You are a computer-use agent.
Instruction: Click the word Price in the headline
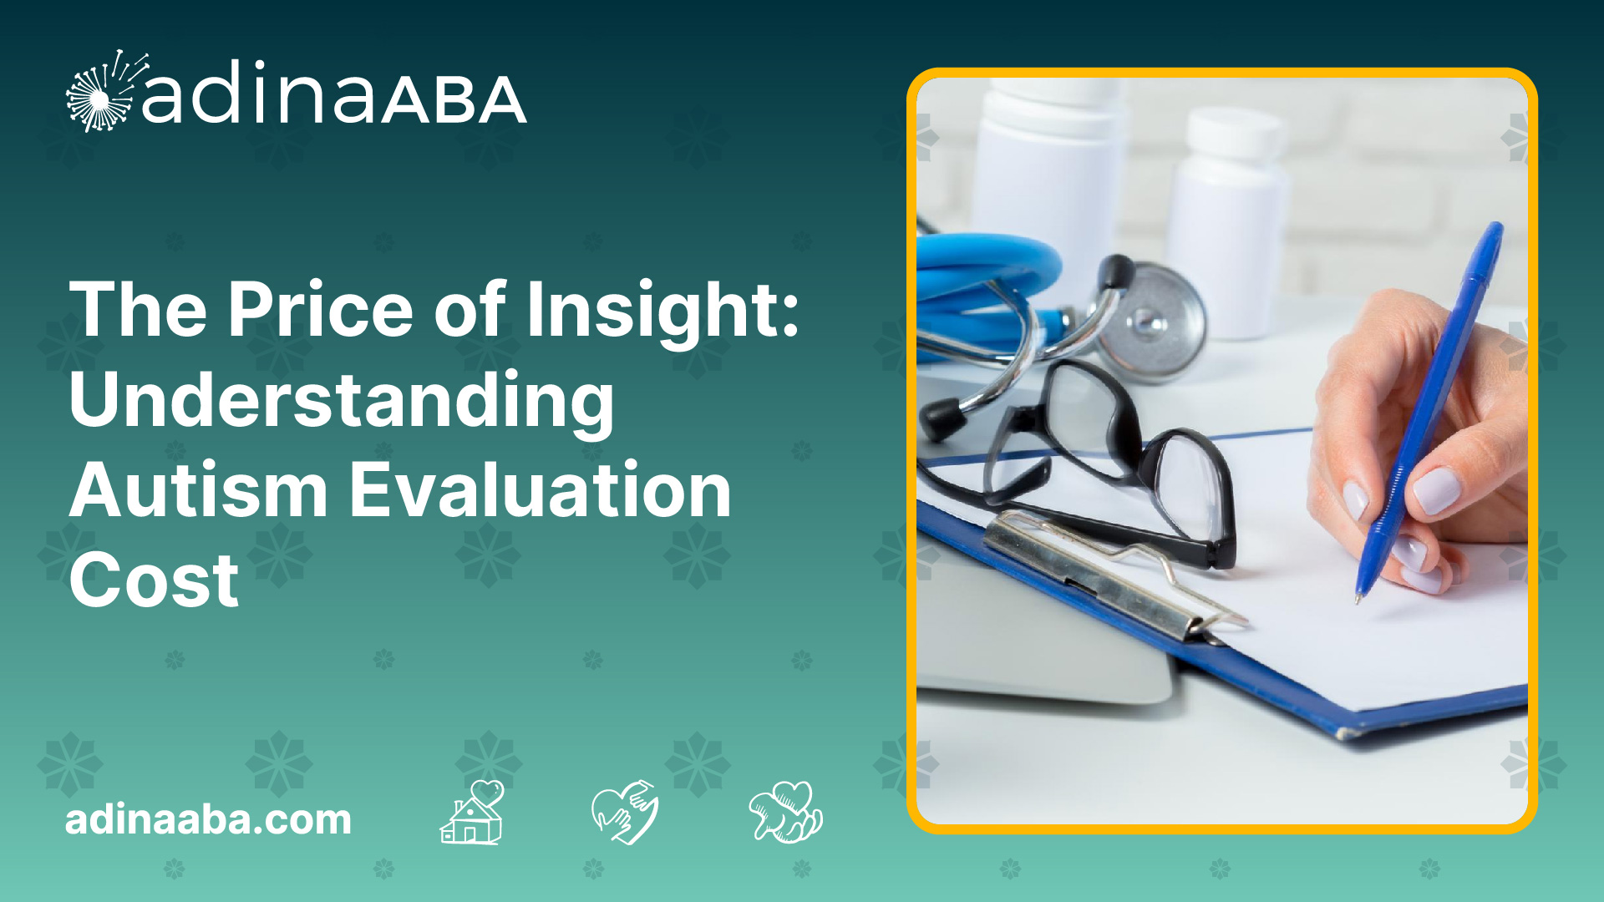321,310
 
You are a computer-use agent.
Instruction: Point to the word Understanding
342,402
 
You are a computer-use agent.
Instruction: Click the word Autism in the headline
198,490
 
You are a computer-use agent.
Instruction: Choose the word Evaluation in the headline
540,490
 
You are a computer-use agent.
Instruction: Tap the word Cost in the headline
154,580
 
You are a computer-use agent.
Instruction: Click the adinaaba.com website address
208,819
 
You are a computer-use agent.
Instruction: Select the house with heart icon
473,813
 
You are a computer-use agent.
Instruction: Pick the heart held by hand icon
625,812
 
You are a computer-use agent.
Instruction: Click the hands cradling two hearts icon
785,812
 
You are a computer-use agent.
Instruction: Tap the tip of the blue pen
1358,599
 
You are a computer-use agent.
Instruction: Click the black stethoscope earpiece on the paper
942,418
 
